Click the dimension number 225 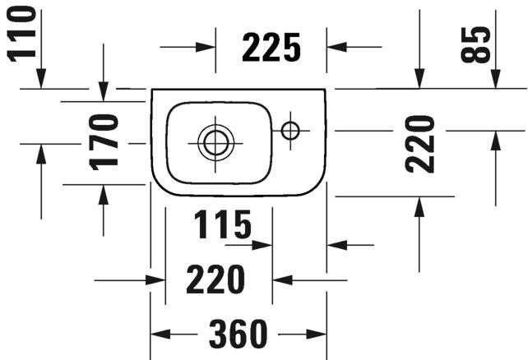pyautogui.click(x=271, y=48)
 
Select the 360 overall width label pyautogui.click(x=238, y=334)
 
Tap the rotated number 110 pyautogui.click(x=21, y=34)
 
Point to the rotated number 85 pyautogui.click(x=475, y=44)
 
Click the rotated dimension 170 pyautogui.click(x=104, y=142)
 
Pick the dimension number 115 pyautogui.click(x=223, y=224)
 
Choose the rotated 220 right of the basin pyautogui.click(x=420, y=144)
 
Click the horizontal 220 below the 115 pyautogui.click(x=215, y=279)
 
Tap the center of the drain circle pyautogui.click(x=215, y=143)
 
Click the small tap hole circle pyautogui.click(x=290, y=131)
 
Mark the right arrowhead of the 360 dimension pyautogui.click(x=317, y=335)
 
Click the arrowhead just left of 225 pyautogui.click(x=206, y=47)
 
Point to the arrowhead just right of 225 pyautogui.click(x=336, y=47)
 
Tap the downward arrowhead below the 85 pyautogui.click(x=495, y=79)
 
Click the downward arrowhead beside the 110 pyautogui.click(x=41, y=78)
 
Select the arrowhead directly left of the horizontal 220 pyautogui.click(x=155, y=280)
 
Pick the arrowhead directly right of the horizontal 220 pyautogui.click(x=282, y=280)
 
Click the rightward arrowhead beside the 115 pyautogui.click(x=262, y=245)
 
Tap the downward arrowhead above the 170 pyautogui.click(x=104, y=91)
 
